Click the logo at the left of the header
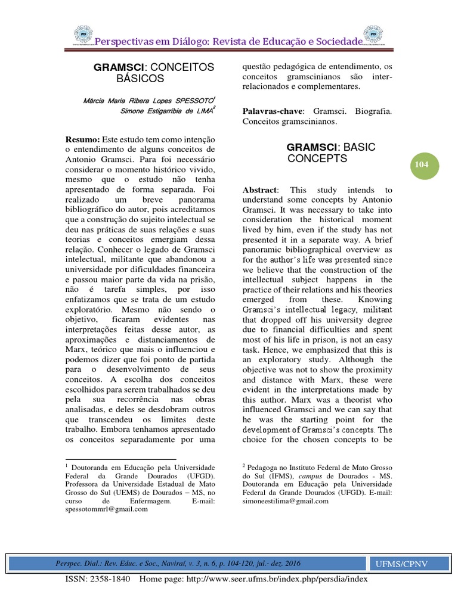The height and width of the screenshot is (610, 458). [83, 36]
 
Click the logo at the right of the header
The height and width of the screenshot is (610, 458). [375, 36]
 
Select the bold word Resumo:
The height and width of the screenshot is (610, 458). [82, 139]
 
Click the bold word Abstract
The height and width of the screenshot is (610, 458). [259, 189]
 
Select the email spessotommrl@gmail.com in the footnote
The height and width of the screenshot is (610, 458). [106, 509]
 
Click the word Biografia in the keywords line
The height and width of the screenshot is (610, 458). [373, 111]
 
